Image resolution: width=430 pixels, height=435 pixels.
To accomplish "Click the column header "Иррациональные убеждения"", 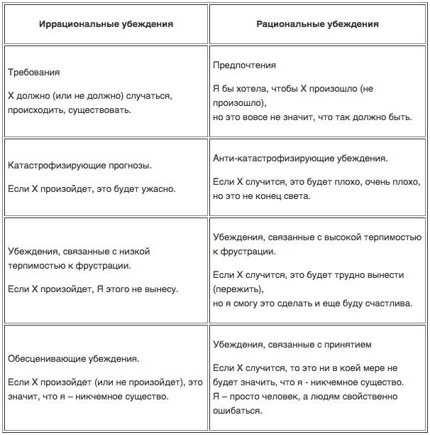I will (106, 23).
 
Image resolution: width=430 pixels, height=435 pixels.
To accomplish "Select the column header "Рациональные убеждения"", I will (317, 23).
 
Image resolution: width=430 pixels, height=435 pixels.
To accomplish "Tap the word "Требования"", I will (33, 72).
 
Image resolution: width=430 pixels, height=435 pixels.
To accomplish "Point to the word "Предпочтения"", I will (244, 65).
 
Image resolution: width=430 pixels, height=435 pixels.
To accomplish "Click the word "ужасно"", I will (160, 189).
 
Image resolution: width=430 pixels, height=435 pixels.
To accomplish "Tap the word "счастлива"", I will (386, 304).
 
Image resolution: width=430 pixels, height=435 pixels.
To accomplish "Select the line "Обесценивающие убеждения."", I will (74, 359).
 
